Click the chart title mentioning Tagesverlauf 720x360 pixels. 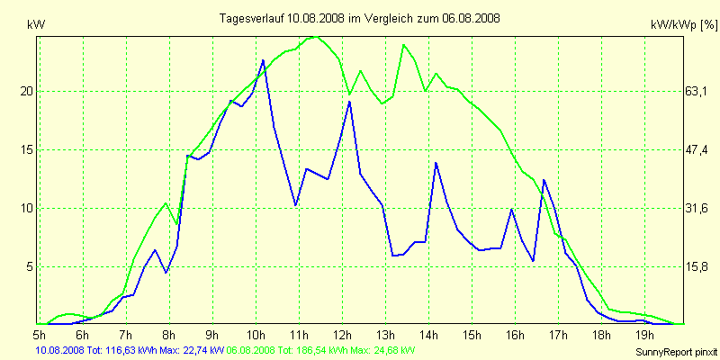click(361, 18)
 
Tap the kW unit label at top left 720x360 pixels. click(37, 26)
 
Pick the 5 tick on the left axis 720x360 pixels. click(29, 267)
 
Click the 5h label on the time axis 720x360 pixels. click(40, 335)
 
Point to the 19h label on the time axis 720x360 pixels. click(644, 335)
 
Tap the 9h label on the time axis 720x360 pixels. click(212, 335)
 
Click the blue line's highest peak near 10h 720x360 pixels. click(263, 60)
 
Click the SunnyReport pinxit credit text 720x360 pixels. click(670, 349)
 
